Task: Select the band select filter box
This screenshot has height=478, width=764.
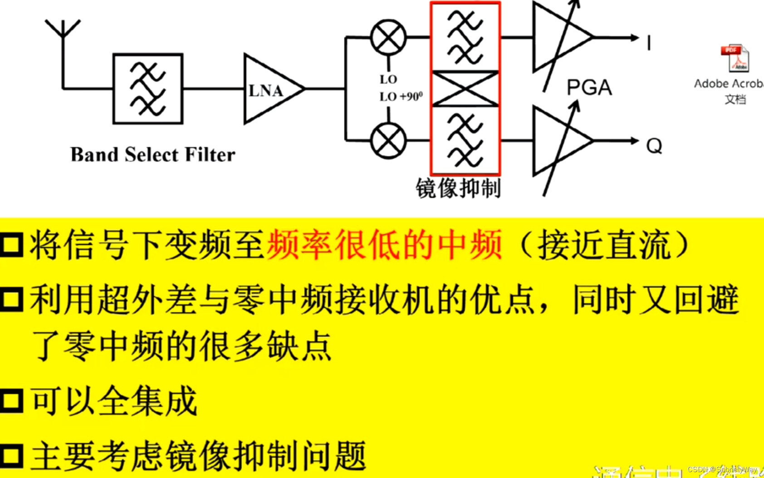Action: [x=148, y=89]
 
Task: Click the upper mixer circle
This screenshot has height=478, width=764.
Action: [x=388, y=37]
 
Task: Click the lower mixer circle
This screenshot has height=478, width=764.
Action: [x=388, y=140]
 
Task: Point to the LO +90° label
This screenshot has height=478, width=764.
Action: [x=401, y=97]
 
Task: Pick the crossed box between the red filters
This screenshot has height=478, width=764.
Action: [x=465, y=89]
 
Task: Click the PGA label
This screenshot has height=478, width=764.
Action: [x=589, y=88]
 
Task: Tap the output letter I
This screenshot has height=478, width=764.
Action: [x=649, y=43]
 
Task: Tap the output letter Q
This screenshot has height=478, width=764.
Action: [x=654, y=146]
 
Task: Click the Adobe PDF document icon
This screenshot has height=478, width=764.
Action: [x=735, y=58]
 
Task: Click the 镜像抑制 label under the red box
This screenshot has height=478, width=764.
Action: [x=458, y=188]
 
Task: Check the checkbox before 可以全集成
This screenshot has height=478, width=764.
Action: [x=11, y=401]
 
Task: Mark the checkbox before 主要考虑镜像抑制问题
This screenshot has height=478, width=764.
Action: [x=11, y=455]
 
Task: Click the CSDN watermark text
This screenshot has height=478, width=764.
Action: [x=722, y=469]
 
